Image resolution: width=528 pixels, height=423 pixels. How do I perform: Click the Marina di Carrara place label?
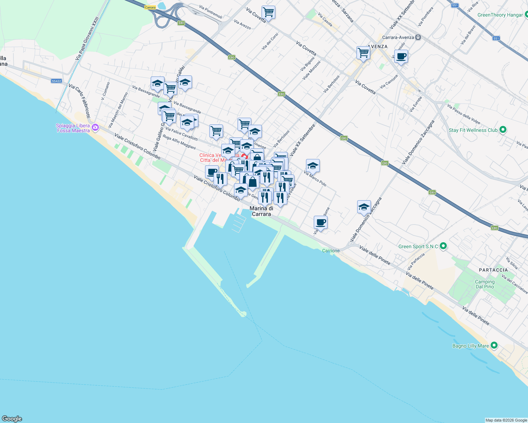tap(261, 211)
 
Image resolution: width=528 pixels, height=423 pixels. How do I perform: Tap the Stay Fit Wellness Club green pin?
tap(503, 130)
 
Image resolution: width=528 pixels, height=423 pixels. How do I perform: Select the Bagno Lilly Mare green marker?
tap(494, 346)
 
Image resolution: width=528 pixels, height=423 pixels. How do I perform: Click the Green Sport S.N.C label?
tap(418, 246)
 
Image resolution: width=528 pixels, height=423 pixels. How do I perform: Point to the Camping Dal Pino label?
tap(485, 284)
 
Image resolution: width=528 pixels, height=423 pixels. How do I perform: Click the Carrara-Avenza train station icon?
tap(418, 37)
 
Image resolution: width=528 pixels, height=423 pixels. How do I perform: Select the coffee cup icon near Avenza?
tap(401, 56)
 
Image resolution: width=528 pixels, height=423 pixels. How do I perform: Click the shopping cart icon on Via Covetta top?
tap(268, 12)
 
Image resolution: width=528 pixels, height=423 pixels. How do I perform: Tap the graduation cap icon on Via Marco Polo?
tap(313, 166)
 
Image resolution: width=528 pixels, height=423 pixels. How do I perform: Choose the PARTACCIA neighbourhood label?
tap(493, 270)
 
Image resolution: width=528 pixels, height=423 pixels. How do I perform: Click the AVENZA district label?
tap(378, 47)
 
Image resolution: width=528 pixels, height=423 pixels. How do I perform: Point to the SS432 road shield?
tap(56, 81)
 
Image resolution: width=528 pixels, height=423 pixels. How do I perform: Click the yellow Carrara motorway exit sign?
tap(150, 7)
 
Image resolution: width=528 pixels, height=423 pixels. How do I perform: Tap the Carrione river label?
tap(331, 251)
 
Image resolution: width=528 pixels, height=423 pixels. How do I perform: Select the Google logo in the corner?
tap(12, 419)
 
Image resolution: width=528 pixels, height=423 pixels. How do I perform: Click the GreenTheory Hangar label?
tap(500, 15)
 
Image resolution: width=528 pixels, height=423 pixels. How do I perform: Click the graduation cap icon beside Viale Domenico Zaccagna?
tap(364, 207)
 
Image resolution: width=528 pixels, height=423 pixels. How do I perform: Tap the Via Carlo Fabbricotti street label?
tap(79, 101)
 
